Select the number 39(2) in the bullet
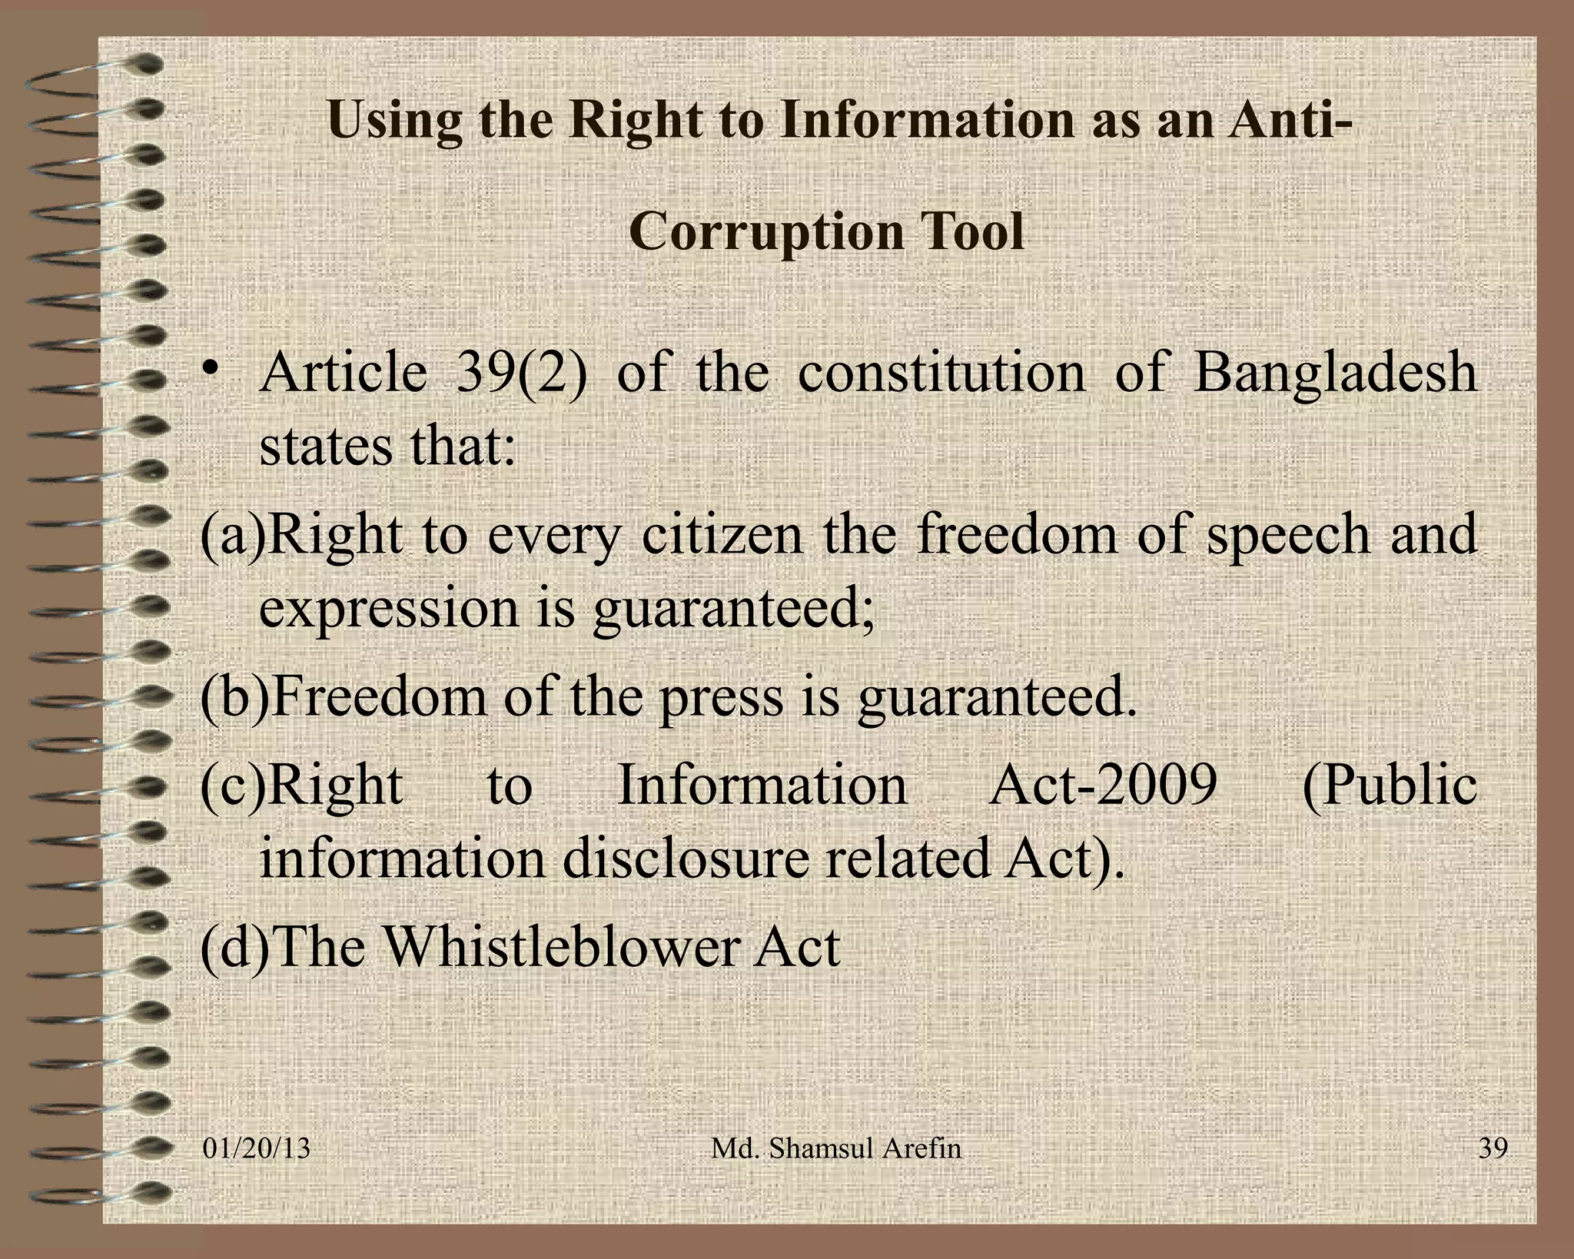pos(521,373)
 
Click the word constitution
pos(941,373)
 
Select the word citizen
pos(722,536)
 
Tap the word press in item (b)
pos(722,698)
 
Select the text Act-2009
pos(1103,786)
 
